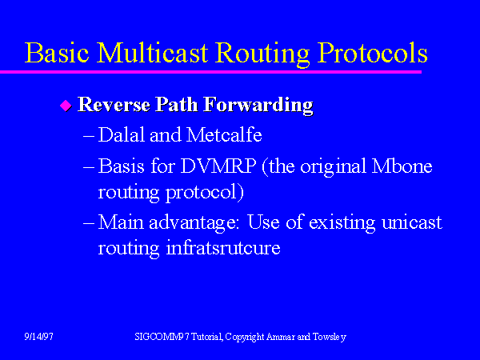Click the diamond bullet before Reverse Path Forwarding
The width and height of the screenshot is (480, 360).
coord(66,106)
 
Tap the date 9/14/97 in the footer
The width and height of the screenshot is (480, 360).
coord(38,337)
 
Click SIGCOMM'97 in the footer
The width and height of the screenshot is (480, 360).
coord(160,337)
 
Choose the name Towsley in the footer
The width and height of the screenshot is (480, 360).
coord(328,337)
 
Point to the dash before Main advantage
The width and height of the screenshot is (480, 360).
coord(89,222)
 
